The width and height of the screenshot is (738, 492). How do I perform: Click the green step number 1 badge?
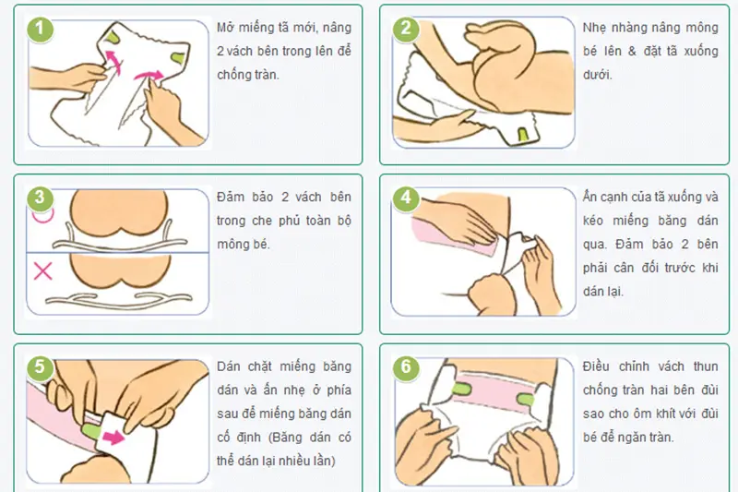(x=40, y=30)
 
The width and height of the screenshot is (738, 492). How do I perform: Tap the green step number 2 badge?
(x=406, y=30)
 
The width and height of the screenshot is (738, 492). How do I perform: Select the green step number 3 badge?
(x=40, y=198)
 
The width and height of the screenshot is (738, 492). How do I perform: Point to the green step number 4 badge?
(x=406, y=198)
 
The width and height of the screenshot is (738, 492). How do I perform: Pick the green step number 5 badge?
(x=40, y=366)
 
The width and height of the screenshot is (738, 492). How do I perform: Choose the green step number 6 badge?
(x=406, y=366)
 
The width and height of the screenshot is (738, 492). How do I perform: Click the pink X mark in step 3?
(x=42, y=270)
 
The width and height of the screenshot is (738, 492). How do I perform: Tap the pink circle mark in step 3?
(x=42, y=215)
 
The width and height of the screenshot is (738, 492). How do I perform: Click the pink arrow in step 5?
(x=113, y=437)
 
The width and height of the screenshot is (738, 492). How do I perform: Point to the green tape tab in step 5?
(x=90, y=430)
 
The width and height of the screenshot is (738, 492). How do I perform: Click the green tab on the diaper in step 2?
(x=523, y=134)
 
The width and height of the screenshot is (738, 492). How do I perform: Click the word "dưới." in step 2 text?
(x=597, y=75)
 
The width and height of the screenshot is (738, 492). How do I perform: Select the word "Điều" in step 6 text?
(x=596, y=366)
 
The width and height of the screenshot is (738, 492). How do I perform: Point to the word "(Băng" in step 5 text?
(x=288, y=437)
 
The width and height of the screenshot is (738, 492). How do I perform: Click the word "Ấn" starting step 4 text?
(x=590, y=197)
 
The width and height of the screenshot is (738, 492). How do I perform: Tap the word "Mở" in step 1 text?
(x=225, y=28)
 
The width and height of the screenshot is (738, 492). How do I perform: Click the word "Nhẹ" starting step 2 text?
(x=593, y=28)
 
